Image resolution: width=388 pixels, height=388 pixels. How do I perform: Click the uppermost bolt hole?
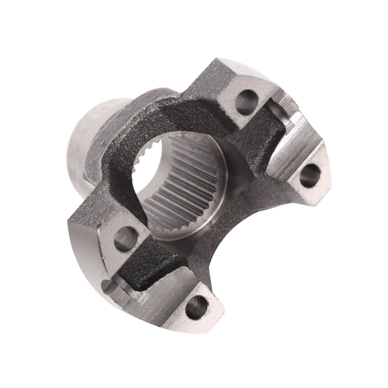pos(247,101)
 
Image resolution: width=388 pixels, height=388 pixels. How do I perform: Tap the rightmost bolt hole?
pos(310,175)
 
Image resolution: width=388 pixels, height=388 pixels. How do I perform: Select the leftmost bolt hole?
pos(125,238)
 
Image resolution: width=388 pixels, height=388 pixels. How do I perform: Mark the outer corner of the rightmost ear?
pos(333,183)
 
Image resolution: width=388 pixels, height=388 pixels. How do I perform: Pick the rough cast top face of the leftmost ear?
pos(100,213)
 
